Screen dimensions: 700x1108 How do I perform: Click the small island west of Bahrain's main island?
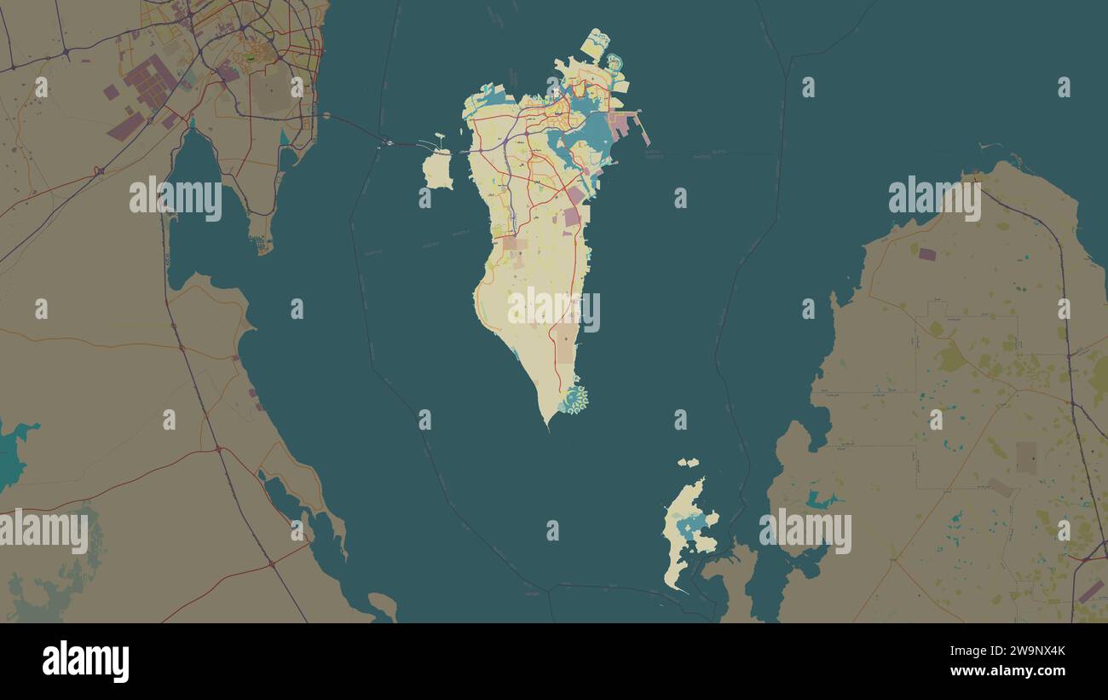(437, 170)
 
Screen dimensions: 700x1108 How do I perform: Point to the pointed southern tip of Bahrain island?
(547, 424)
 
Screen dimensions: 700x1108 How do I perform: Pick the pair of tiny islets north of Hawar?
(688, 462)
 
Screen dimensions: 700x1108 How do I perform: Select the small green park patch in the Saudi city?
(249, 57)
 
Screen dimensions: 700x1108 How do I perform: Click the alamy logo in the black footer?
(85, 662)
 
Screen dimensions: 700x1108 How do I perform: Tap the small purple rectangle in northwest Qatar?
(926, 253)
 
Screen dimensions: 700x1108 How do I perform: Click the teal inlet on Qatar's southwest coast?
(821, 500)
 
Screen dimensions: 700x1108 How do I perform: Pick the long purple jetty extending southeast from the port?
(644, 134)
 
